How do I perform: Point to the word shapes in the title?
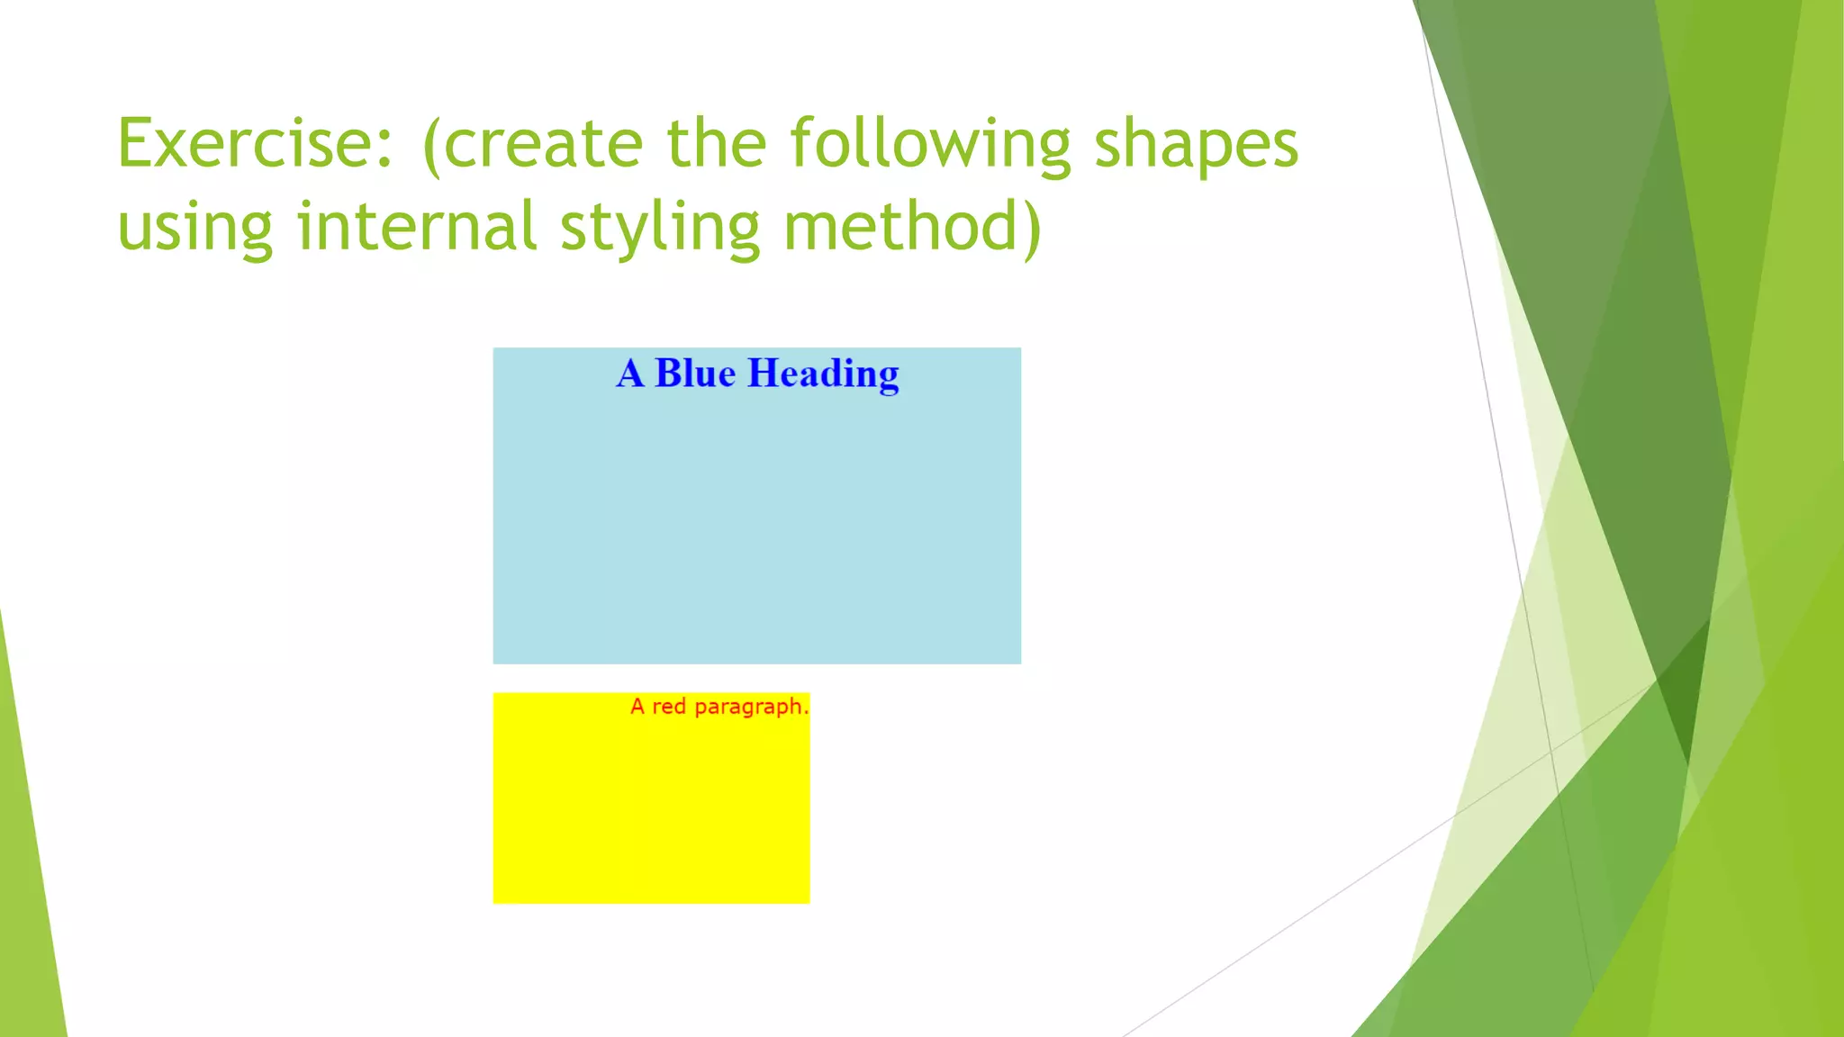pyautogui.click(x=1196, y=146)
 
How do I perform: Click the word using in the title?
pyautogui.click(x=194, y=227)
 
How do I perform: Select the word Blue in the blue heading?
pyautogui.click(x=694, y=374)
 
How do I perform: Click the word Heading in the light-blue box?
pyautogui.click(x=823, y=374)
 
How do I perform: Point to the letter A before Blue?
pyautogui.click(x=630, y=374)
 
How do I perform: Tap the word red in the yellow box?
pyautogui.click(x=669, y=707)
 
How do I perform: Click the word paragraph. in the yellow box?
pyautogui.click(x=751, y=708)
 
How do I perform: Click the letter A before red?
pyautogui.click(x=637, y=707)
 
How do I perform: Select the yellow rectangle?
pyautogui.click(x=650, y=810)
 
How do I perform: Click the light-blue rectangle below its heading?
pyautogui.click(x=756, y=531)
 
